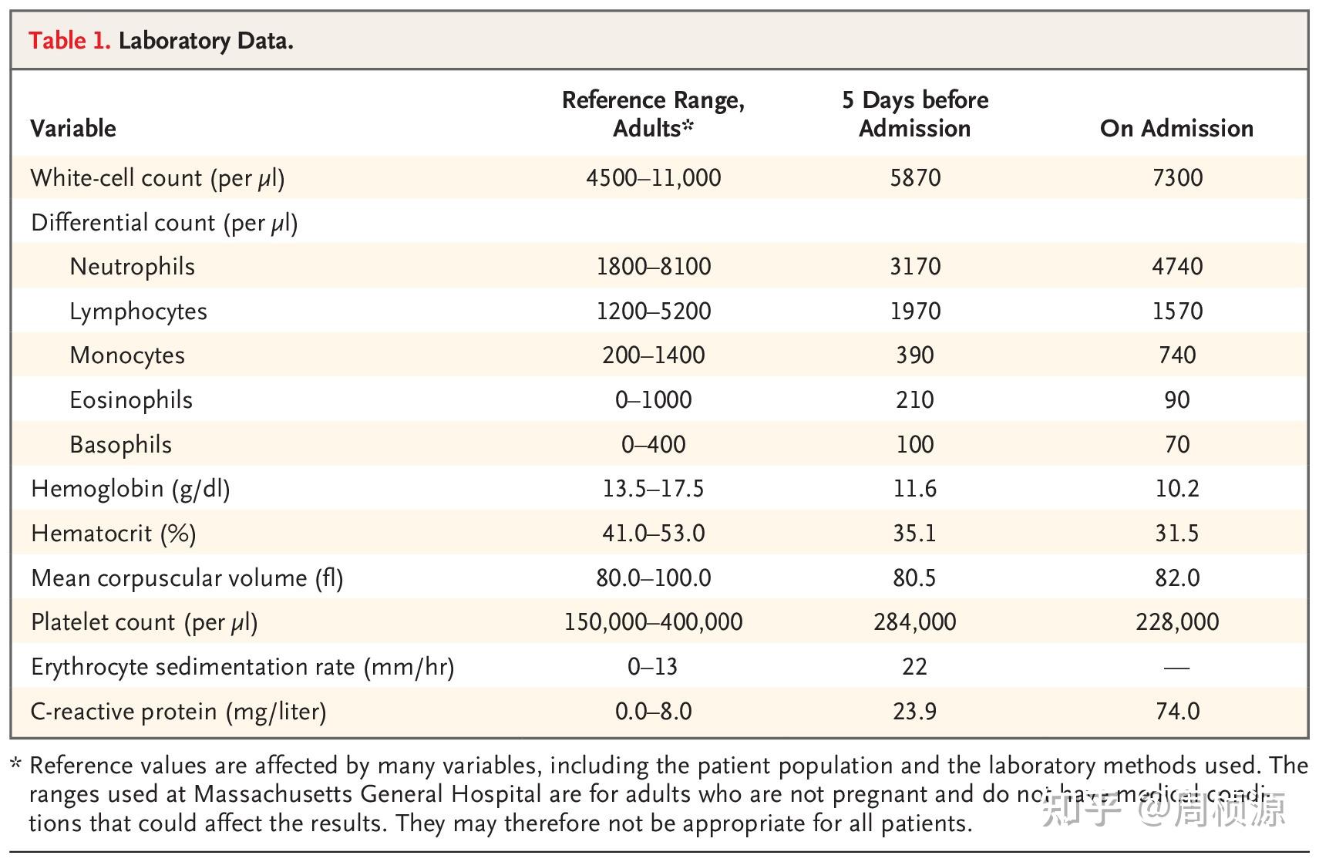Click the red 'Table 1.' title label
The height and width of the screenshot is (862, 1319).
pos(69,40)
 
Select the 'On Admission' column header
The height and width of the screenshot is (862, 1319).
pos(1176,128)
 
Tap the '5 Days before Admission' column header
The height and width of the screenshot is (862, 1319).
pos(914,114)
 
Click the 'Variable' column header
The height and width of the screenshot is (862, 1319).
pos(73,128)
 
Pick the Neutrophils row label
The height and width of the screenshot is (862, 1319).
pos(132,267)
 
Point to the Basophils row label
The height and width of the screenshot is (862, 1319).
pos(120,445)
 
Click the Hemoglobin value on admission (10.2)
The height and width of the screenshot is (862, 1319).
pos(1176,489)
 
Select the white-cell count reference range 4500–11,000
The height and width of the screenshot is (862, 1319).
pos(653,178)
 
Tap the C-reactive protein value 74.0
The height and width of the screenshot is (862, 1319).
pos(1177,711)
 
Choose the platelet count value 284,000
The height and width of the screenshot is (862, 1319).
pos(914,622)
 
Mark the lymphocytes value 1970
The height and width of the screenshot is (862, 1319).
pos(915,311)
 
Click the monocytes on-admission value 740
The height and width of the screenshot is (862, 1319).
pos(1177,355)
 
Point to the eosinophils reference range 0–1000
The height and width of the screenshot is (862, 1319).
pos(653,400)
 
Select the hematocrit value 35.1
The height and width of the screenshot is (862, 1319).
pos(914,534)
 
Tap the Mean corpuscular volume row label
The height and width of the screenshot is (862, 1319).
pos(187,578)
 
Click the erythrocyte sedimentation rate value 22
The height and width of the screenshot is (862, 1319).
pos(914,667)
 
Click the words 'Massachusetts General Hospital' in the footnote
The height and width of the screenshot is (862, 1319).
pos(367,794)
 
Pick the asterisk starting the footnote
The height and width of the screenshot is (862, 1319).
pos(16,765)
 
